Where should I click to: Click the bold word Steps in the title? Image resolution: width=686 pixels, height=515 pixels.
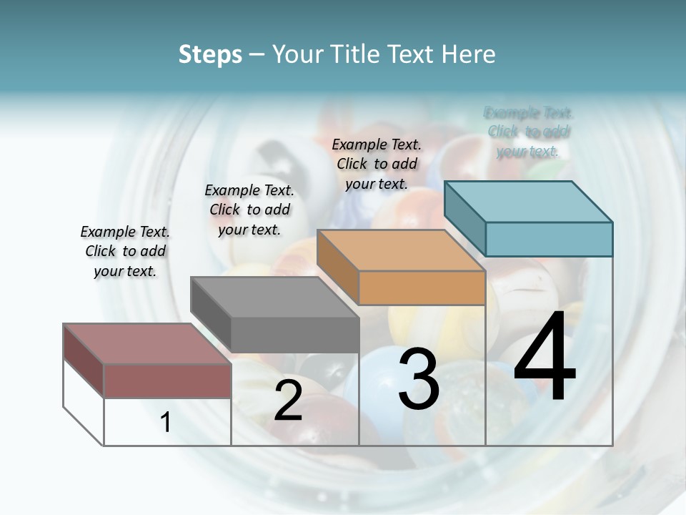(x=210, y=54)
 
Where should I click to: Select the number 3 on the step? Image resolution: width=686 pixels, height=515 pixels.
(x=419, y=379)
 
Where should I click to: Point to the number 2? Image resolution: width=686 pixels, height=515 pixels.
(x=288, y=401)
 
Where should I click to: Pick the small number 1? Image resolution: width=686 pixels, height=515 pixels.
(x=166, y=422)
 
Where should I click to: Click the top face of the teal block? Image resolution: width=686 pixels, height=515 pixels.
(x=528, y=201)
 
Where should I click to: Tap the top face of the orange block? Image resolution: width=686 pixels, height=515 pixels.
(x=401, y=250)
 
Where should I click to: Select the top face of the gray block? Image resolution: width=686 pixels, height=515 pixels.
(x=274, y=297)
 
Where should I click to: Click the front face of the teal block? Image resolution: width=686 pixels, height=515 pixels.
(x=549, y=239)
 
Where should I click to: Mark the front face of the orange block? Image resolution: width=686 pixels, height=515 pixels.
(x=422, y=288)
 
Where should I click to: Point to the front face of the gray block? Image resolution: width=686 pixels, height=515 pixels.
(x=294, y=335)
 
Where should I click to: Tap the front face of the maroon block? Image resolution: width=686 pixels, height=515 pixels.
(x=167, y=381)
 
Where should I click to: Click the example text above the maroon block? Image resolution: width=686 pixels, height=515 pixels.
(x=125, y=251)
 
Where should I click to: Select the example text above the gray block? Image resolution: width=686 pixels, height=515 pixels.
(x=249, y=210)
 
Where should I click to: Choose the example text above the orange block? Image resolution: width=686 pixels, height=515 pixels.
(x=377, y=164)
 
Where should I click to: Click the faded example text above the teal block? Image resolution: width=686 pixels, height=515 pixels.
(x=529, y=132)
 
